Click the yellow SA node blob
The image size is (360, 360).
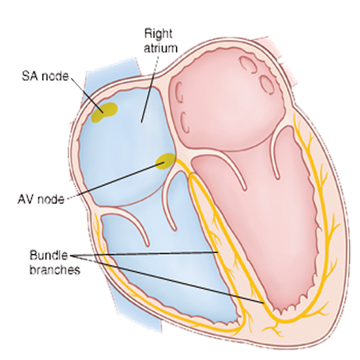[104, 112]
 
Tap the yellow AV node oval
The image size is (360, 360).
[165, 161]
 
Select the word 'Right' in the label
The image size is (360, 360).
[158, 34]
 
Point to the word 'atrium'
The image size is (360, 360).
[160, 48]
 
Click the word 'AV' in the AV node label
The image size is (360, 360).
[26, 200]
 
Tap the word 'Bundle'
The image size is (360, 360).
[49, 255]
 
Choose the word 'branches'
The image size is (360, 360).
[55, 269]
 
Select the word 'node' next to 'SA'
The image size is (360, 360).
[55, 77]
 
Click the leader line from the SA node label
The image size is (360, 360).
[86, 95]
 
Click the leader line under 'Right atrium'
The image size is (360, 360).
[150, 89]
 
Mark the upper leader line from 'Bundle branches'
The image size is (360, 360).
[143, 254]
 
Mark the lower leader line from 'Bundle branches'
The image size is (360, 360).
[167, 279]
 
